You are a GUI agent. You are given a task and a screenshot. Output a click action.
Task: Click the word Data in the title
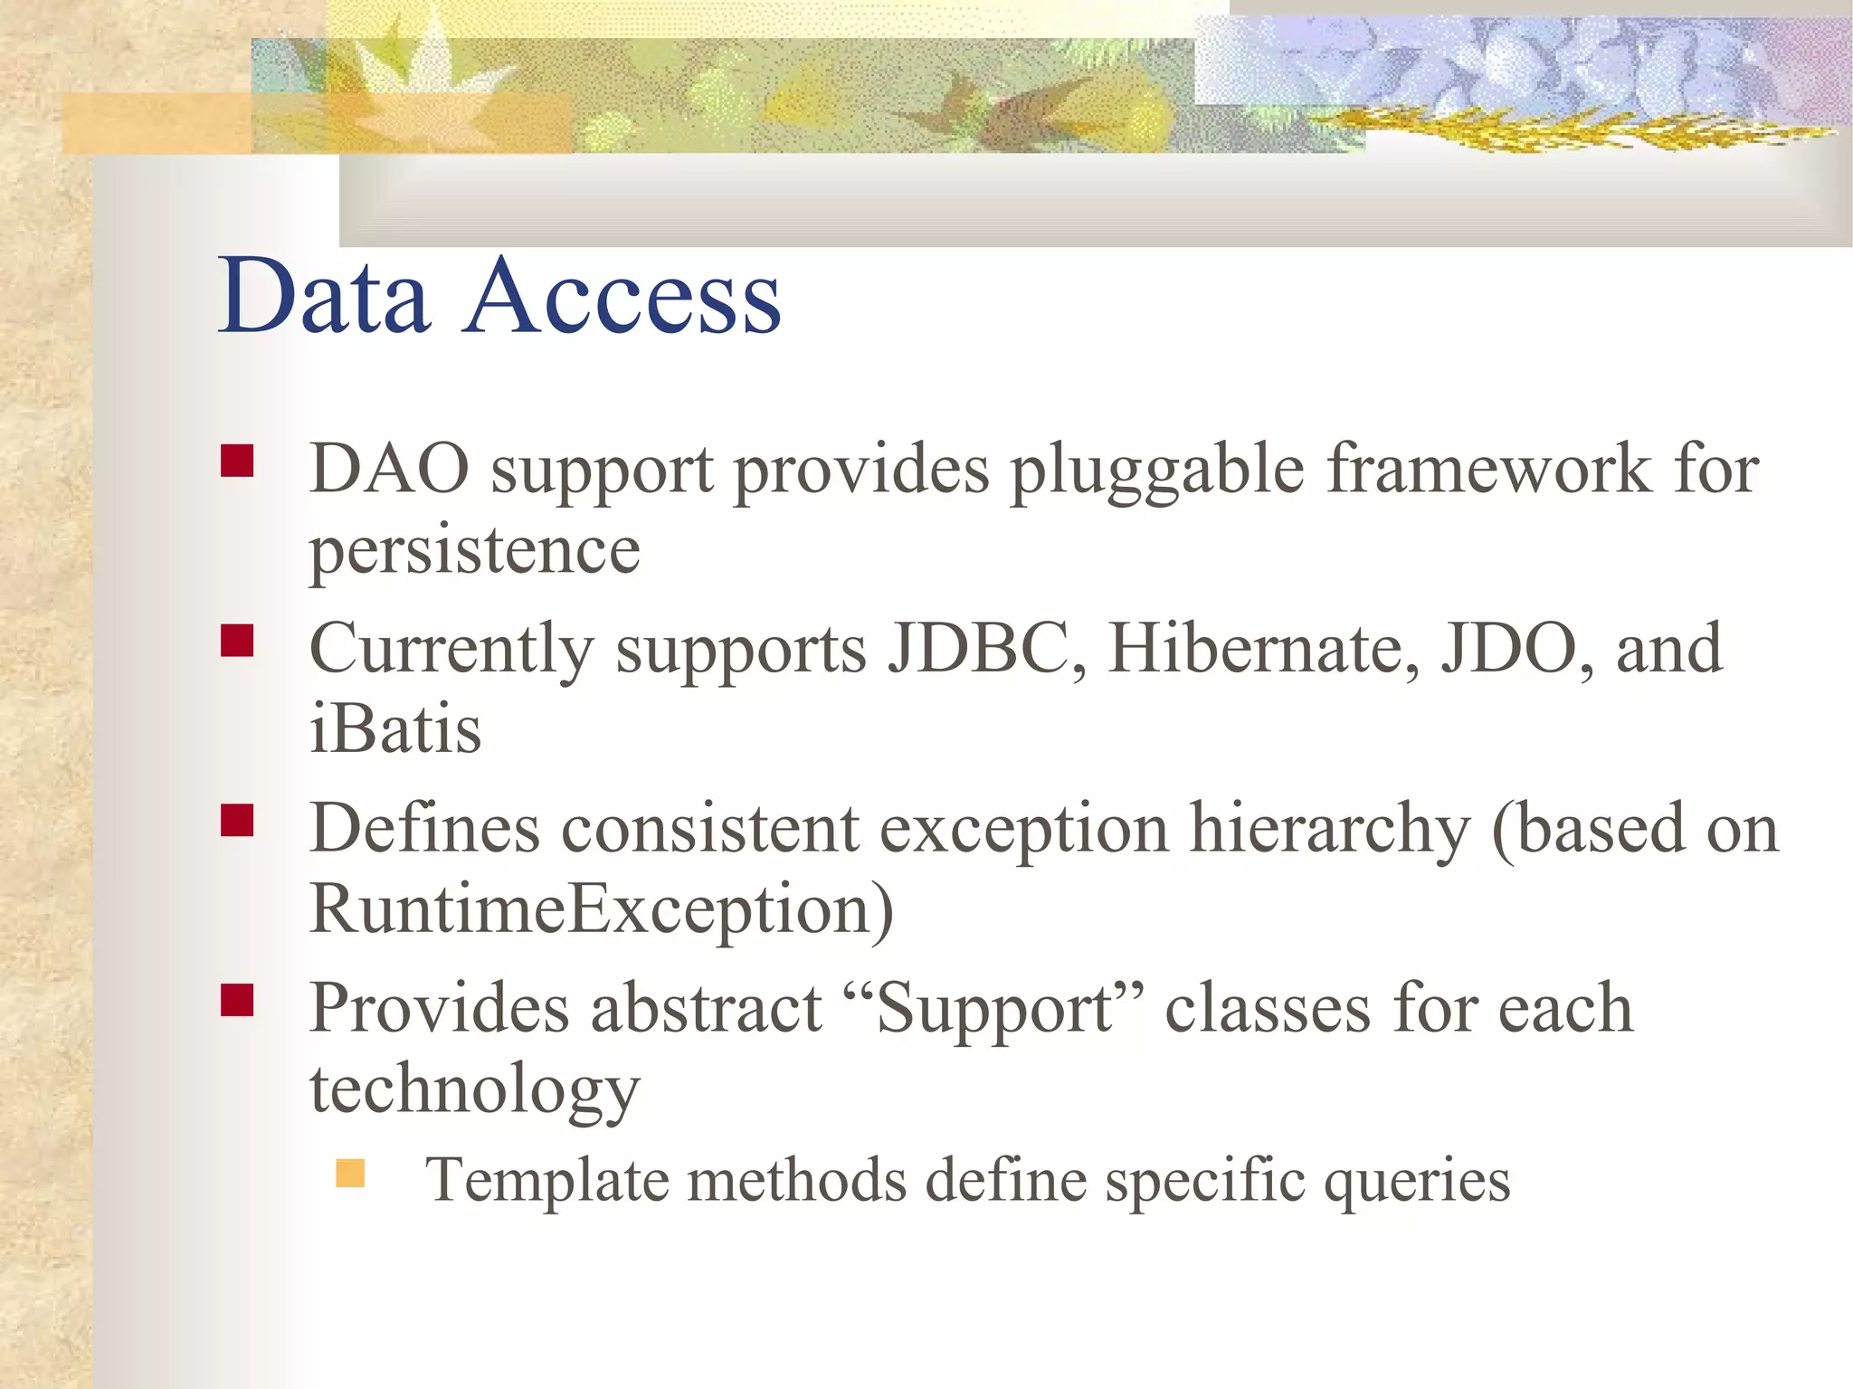coord(324,296)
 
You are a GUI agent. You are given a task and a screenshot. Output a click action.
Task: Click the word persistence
coord(474,551)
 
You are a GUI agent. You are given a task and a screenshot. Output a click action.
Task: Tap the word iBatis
coord(395,728)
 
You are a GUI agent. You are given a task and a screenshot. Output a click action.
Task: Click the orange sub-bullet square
coord(349,1174)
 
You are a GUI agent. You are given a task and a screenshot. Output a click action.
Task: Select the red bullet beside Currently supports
coord(237,641)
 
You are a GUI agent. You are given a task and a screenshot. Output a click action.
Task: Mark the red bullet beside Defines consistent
coord(237,821)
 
